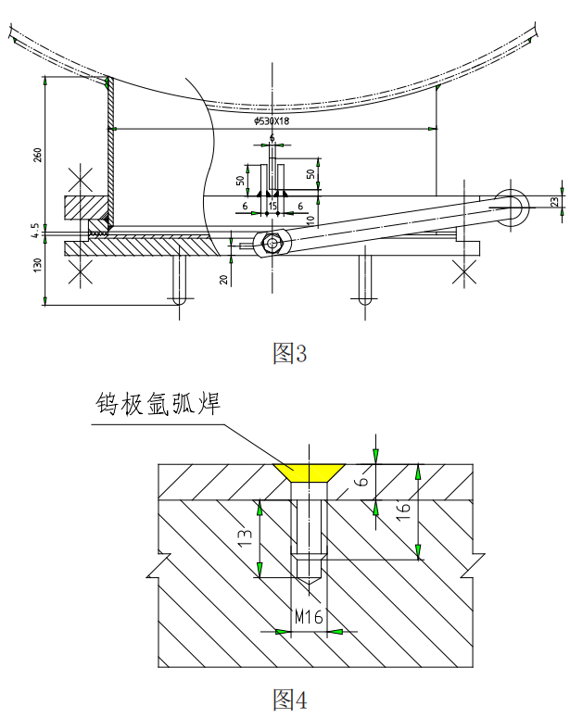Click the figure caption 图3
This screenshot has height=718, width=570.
point(288,353)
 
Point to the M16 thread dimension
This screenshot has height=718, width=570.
point(310,616)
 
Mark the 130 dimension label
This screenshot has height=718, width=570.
point(38,265)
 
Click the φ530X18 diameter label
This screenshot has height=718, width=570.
point(272,120)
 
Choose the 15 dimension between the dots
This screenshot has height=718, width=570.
point(272,205)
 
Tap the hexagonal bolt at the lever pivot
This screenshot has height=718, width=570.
point(272,243)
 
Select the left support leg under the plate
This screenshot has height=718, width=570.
point(180,280)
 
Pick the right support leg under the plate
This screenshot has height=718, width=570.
point(365,280)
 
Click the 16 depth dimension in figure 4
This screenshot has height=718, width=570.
point(430,510)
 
